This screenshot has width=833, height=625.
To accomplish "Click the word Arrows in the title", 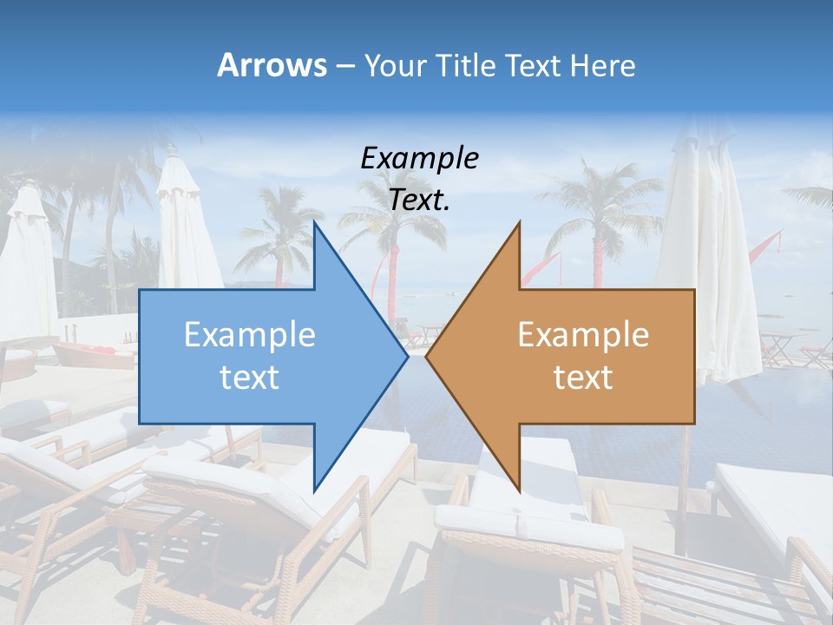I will (272, 65).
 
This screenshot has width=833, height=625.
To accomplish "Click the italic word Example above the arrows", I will (419, 159).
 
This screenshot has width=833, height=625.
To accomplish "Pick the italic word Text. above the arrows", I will (419, 201).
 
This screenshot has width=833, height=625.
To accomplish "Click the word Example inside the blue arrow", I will (250, 335).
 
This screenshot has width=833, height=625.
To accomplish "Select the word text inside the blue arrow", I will (250, 378).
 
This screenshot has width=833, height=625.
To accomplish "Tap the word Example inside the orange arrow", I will (583, 335).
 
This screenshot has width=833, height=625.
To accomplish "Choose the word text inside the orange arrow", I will (583, 378).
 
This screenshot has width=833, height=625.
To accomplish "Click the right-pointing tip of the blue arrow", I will (407, 356).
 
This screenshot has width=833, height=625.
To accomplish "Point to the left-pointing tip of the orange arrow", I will (427, 356).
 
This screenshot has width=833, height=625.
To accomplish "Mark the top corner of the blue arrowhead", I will (315, 223).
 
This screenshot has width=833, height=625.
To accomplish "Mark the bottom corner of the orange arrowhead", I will (519, 490).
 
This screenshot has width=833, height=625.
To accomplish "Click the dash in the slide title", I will (344, 66).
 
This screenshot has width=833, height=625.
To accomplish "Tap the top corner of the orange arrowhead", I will (519, 223).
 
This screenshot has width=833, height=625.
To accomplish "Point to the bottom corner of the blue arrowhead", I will (315, 490).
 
